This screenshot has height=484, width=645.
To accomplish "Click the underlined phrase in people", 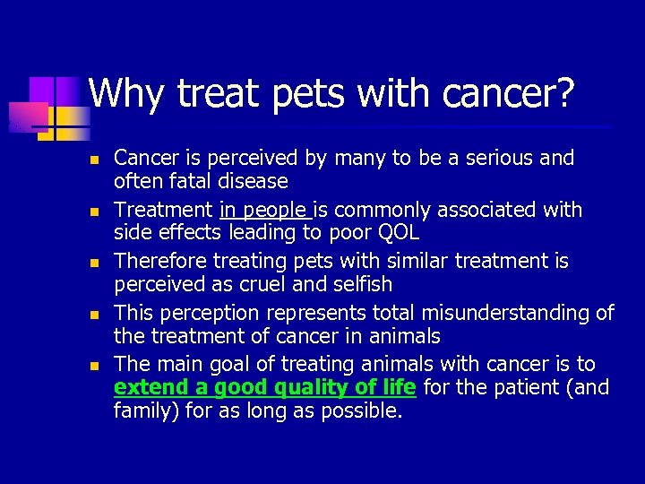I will pyautogui.click(x=263, y=211).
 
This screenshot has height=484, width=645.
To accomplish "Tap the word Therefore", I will pyautogui.click(x=158, y=262).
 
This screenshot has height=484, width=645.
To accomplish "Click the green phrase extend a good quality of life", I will pyautogui.click(x=264, y=388).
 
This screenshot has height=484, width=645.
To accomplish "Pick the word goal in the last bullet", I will pyautogui.click(x=233, y=365).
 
